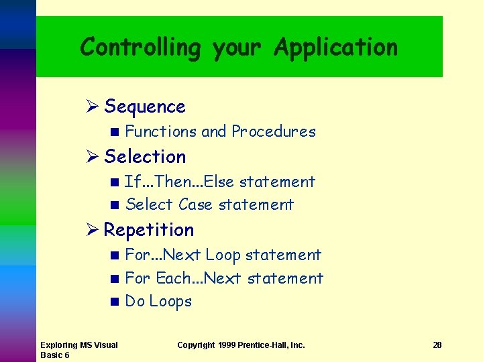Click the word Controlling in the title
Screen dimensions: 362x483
click(x=140, y=48)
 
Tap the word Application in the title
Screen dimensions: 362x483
click(x=335, y=48)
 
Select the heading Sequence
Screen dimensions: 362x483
click(x=145, y=107)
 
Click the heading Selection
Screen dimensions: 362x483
click(x=145, y=157)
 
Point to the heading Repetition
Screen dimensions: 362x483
click(x=149, y=230)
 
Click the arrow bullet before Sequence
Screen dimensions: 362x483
click(x=93, y=107)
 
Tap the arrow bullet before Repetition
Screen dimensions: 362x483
click(x=93, y=230)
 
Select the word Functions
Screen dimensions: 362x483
click(x=161, y=131)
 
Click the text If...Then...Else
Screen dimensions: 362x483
click(x=179, y=182)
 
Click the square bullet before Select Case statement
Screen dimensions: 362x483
click(x=115, y=205)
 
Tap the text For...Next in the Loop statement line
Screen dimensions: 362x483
click(x=163, y=255)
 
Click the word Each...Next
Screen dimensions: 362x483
click(x=197, y=278)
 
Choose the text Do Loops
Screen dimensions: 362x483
click(x=158, y=302)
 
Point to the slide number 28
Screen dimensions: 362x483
click(x=437, y=345)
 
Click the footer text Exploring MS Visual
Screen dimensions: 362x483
click(x=78, y=345)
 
